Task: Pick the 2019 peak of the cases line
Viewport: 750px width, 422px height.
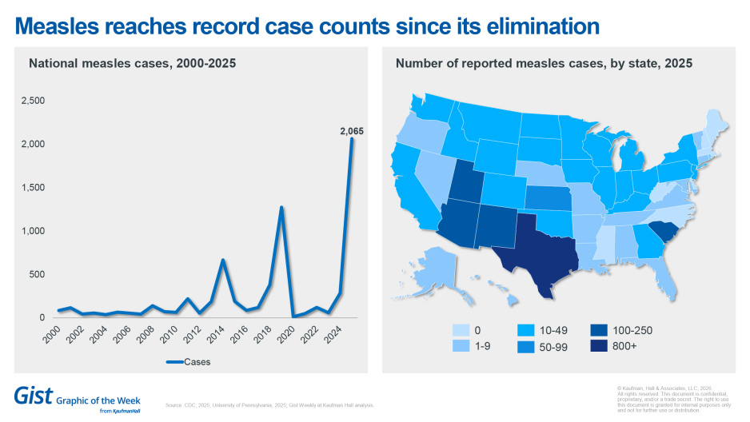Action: (281, 208)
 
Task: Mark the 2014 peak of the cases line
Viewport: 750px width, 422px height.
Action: (223, 260)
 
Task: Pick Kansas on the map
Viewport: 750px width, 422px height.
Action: (548, 197)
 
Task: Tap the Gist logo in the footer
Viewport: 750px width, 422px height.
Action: (33, 395)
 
